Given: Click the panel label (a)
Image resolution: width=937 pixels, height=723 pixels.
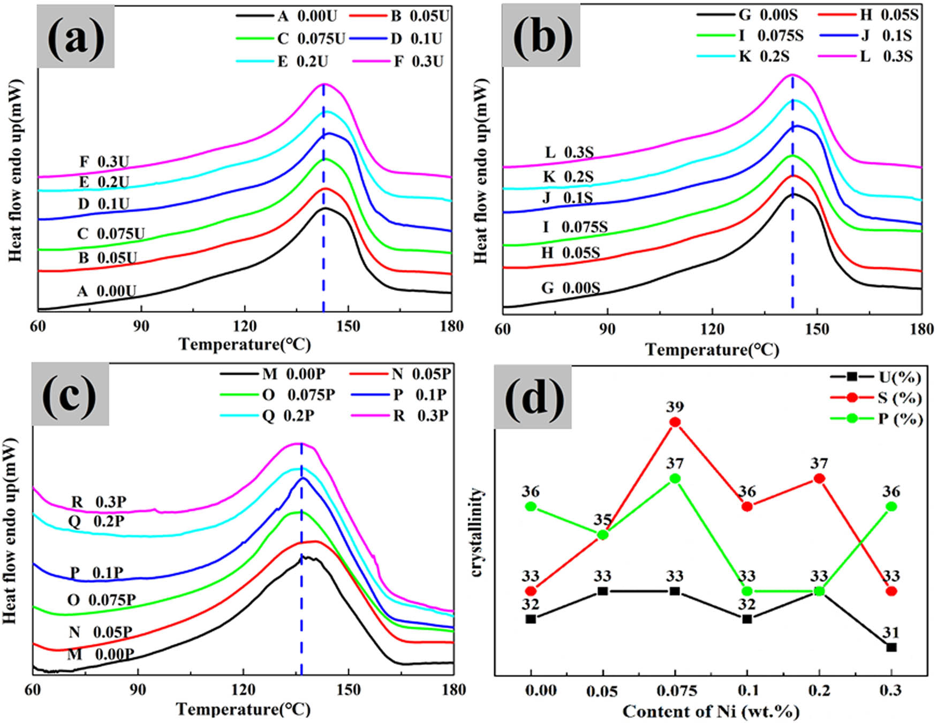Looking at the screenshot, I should [75, 37].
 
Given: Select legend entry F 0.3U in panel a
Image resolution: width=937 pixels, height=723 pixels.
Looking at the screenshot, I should [398, 62].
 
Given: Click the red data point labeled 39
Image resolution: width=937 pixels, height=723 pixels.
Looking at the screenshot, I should [675, 422].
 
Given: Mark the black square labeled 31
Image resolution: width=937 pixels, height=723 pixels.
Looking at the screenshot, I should [891, 647].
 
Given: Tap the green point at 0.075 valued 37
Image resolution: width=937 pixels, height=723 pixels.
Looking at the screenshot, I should [675, 478].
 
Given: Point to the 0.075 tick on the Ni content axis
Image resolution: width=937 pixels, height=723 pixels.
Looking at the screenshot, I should [675, 691].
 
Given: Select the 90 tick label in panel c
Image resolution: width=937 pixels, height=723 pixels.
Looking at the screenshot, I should [138, 690].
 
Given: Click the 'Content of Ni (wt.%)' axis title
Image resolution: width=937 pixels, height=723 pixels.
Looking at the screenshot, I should [711, 712].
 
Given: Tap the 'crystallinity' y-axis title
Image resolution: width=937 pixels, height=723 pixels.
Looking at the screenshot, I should [476, 532].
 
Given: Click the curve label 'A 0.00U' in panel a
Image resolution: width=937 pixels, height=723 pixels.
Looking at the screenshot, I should [106, 291].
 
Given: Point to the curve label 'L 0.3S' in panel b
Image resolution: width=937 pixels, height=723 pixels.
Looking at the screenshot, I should [569, 153].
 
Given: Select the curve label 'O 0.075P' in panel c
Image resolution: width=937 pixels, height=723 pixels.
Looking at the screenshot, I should [101, 600].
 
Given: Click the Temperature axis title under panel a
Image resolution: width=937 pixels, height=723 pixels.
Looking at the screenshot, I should [244, 344].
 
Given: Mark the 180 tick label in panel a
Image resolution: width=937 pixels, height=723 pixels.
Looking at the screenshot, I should [451, 326].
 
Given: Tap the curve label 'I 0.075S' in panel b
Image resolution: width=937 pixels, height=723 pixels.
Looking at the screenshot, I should [575, 227].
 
